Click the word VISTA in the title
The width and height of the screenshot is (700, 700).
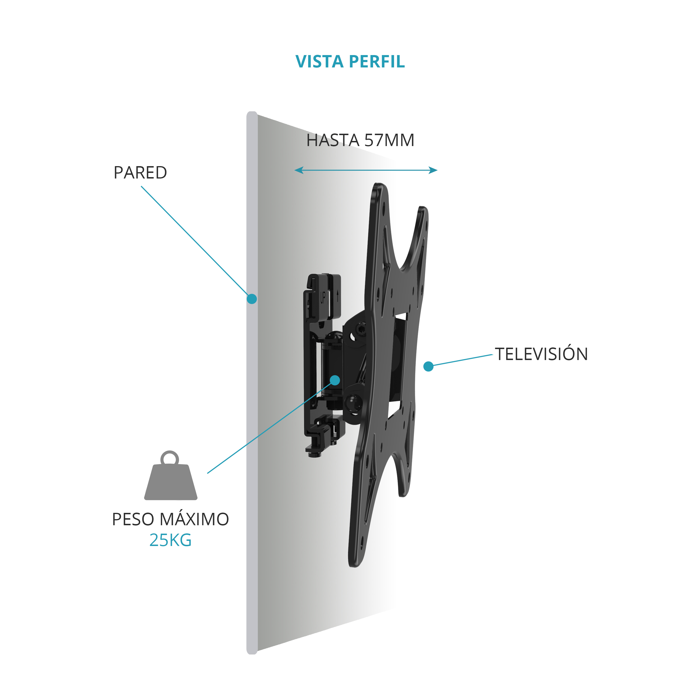click(319, 62)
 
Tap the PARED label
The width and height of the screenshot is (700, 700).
click(140, 172)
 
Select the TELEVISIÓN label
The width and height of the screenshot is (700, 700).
click(541, 354)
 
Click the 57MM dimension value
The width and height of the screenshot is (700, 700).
click(389, 140)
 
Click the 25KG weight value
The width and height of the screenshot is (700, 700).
click(170, 540)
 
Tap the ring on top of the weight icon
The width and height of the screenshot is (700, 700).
click(170, 451)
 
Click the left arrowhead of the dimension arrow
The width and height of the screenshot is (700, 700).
click(299, 170)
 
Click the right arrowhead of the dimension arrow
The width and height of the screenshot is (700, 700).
click(433, 170)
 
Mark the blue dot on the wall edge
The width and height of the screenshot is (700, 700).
click(252, 299)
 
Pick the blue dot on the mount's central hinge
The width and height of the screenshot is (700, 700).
click(335, 380)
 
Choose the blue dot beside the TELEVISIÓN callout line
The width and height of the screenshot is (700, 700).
click(428, 366)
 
